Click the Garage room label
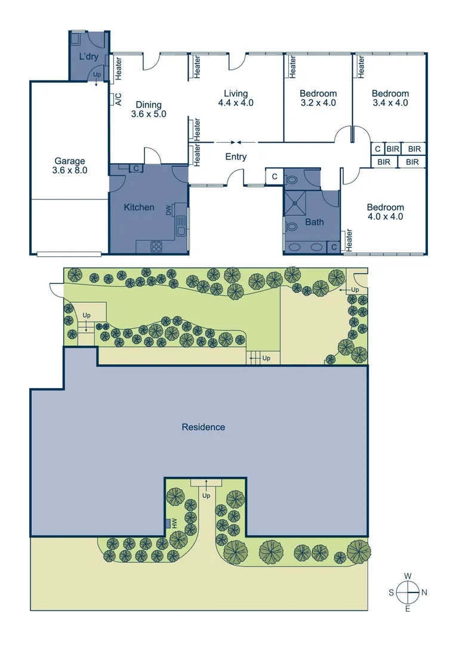coord(70,161)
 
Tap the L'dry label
coord(89,57)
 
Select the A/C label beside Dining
coord(118,99)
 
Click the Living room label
coord(236,93)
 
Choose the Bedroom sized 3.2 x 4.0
coord(318,102)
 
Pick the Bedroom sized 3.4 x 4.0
coord(390,102)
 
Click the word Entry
coord(236,157)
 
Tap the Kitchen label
coord(139,207)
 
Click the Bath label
coord(315,222)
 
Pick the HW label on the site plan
coord(175,523)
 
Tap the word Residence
coord(204,427)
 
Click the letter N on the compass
coord(424,592)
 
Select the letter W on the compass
coord(408,576)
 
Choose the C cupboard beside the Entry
coord(274,176)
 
